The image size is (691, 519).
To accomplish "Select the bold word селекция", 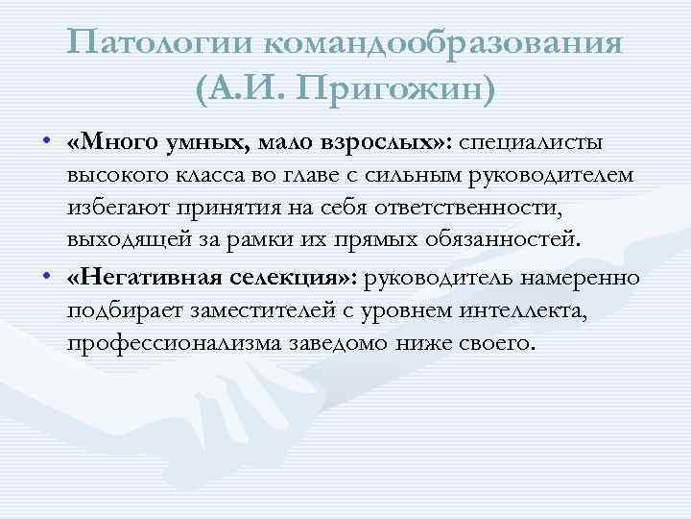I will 286,279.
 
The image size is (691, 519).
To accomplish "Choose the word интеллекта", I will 517,311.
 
